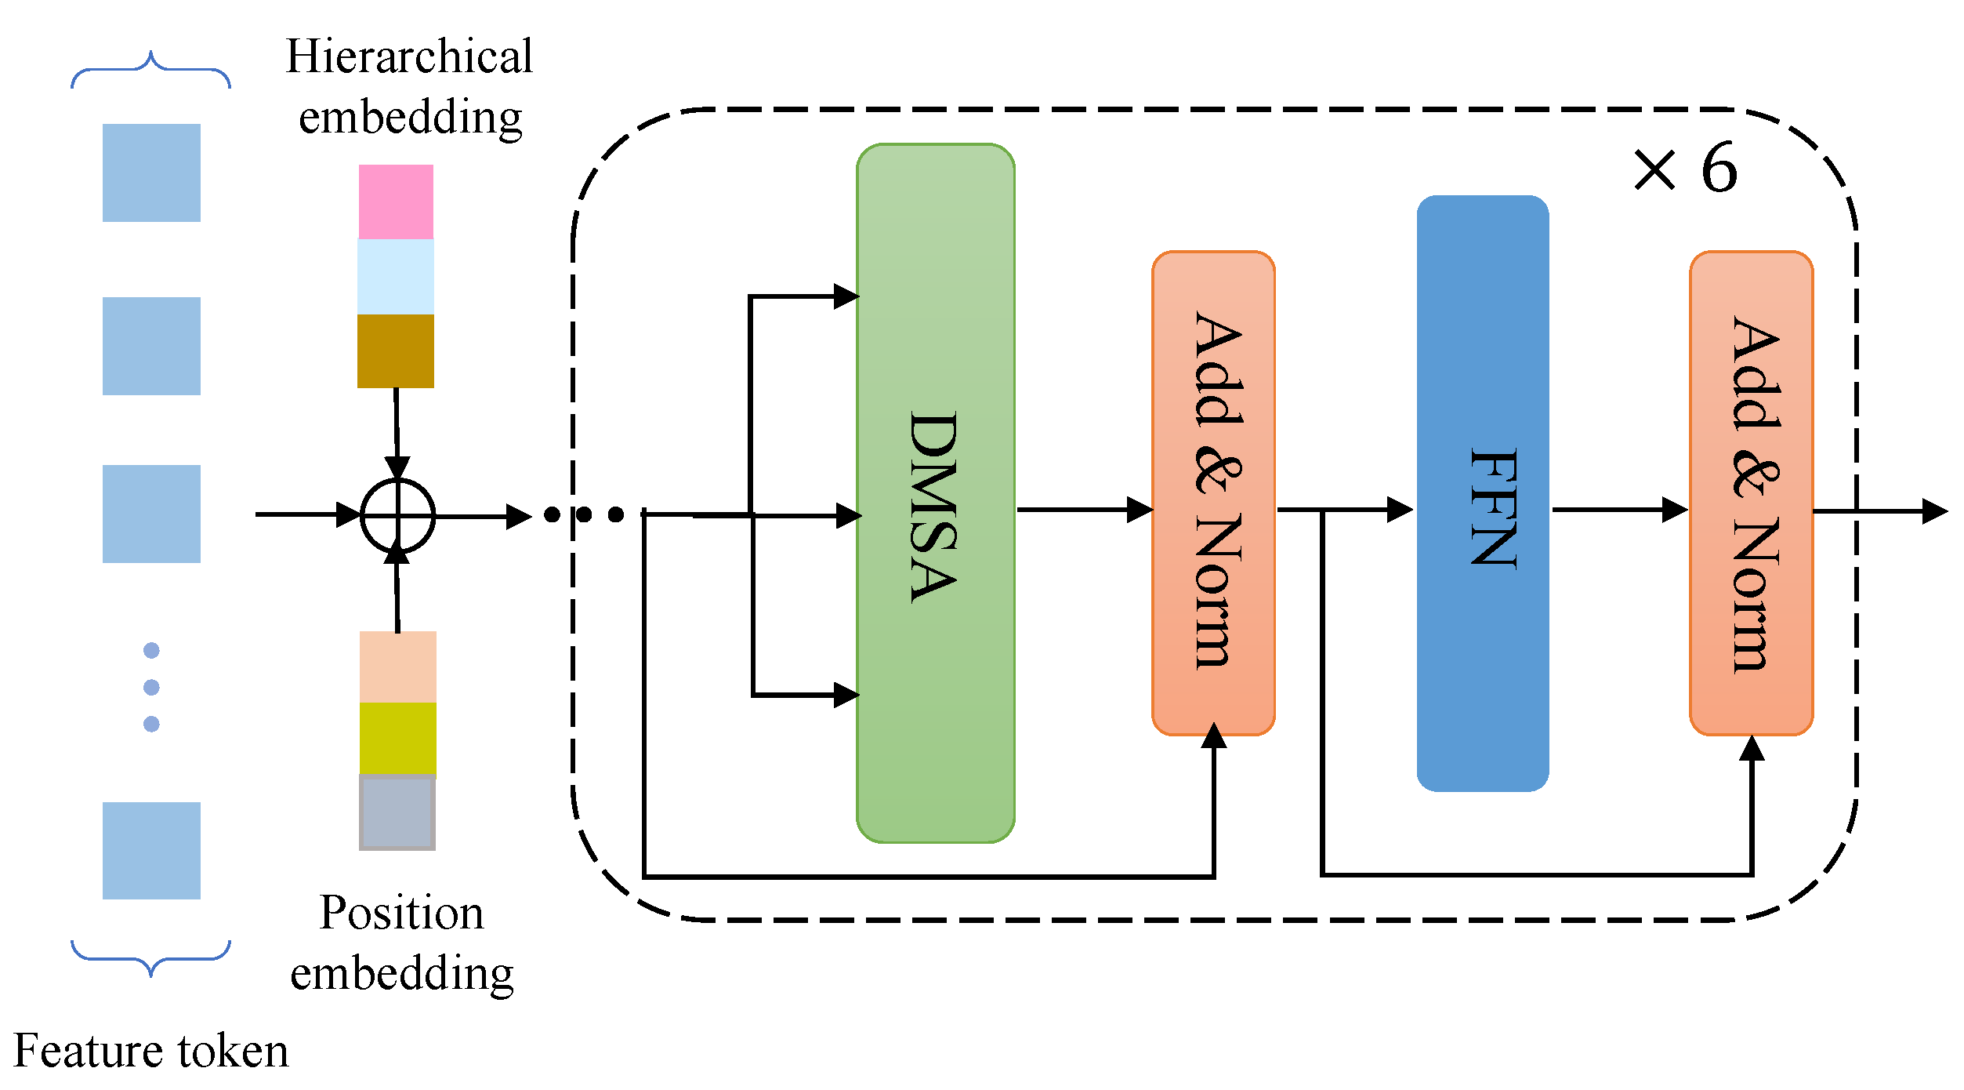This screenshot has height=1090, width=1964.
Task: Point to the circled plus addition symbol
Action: (x=397, y=516)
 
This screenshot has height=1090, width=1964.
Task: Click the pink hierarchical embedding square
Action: (x=396, y=202)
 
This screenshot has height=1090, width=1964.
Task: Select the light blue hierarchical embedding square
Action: (x=396, y=277)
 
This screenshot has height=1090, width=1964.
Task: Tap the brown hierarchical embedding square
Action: (x=396, y=351)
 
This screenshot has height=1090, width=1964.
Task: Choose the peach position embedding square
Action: (x=397, y=667)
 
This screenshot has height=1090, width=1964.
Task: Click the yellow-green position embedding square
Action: (x=397, y=738)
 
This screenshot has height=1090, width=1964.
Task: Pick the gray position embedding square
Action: (x=397, y=812)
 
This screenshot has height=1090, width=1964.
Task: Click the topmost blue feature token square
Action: (x=151, y=173)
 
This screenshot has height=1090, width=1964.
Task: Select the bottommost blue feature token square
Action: (x=151, y=850)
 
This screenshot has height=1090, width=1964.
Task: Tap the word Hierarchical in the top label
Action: (x=409, y=57)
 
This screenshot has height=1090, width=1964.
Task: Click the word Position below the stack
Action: (x=401, y=914)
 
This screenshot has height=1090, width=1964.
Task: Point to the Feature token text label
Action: (x=151, y=1051)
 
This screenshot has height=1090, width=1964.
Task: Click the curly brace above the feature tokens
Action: (x=150, y=71)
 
